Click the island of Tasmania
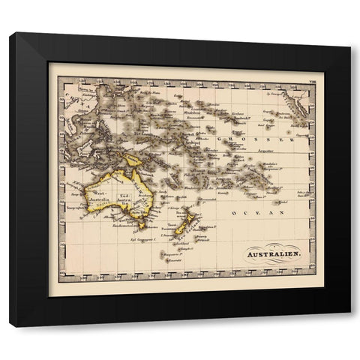tap(140, 224)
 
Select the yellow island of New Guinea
tap(133, 160)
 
